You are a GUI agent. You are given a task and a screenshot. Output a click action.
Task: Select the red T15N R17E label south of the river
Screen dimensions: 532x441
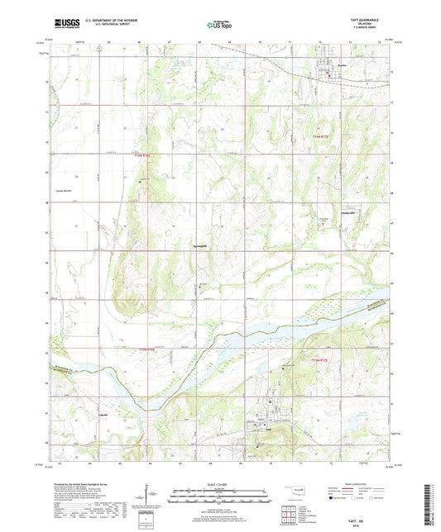(x=319, y=360)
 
